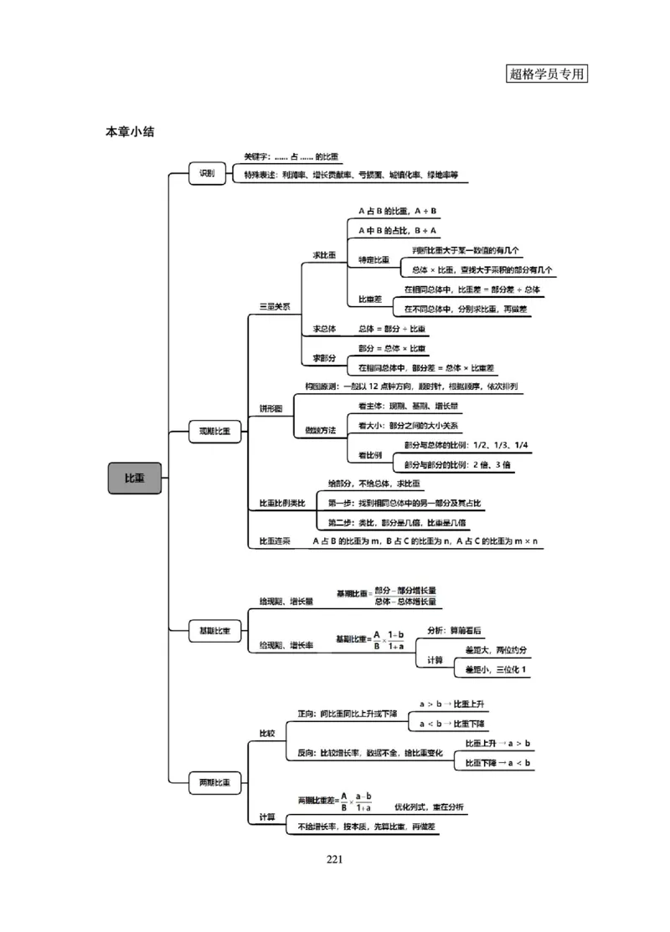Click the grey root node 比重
tap(134, 478)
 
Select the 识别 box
tap(206, 174)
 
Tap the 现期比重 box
tap(214, 432)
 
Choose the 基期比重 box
tap(214, 630)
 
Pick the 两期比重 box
tap(214, 783)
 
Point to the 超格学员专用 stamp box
tap(548, 73)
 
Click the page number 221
tap(335, 858)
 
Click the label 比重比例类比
tap(282, 503)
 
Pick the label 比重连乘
tap(275, 541)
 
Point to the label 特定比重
tap(374, 260)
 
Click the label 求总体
tap(324, 329)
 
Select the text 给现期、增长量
tap(286, 601)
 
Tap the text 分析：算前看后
tap(453, 630)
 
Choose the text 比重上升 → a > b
tap(497, 743)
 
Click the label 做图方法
tap(320, 430)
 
